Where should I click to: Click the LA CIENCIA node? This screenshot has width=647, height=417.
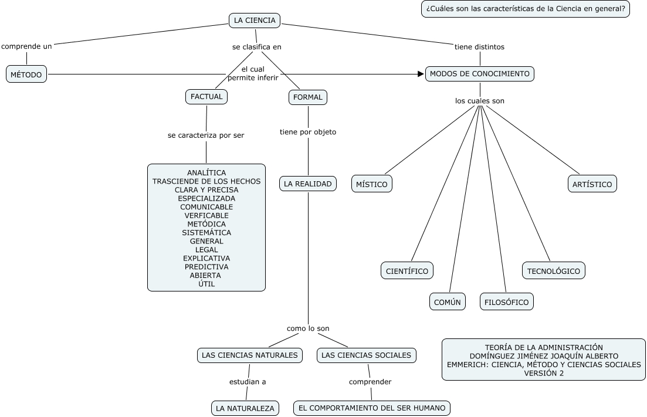255,21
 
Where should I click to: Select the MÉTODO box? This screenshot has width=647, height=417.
26,74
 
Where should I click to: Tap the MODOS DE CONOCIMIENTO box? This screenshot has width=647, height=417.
480,74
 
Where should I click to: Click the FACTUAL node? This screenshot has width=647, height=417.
206,97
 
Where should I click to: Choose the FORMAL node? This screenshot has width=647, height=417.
308,97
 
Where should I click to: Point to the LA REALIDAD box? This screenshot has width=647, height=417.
308,184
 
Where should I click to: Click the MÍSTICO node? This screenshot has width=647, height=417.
372,184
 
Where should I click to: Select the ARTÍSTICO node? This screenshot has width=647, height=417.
592,184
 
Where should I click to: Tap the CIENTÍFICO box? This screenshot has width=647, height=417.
408,271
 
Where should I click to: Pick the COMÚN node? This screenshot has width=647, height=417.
448,302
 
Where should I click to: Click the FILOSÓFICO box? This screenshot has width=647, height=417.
507,302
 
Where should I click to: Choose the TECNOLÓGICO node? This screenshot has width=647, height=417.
554,271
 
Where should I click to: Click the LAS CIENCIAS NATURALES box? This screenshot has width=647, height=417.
250,355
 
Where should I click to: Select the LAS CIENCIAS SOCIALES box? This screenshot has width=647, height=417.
368,355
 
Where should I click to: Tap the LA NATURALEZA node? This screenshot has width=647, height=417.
245,408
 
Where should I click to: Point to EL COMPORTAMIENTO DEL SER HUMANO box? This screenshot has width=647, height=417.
372,408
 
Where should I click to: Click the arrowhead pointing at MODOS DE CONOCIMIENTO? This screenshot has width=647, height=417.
421,74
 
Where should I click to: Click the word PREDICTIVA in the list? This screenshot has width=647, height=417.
206,267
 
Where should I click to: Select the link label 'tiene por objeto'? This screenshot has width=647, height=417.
308,132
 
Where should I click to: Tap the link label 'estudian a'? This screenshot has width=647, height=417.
248,382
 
